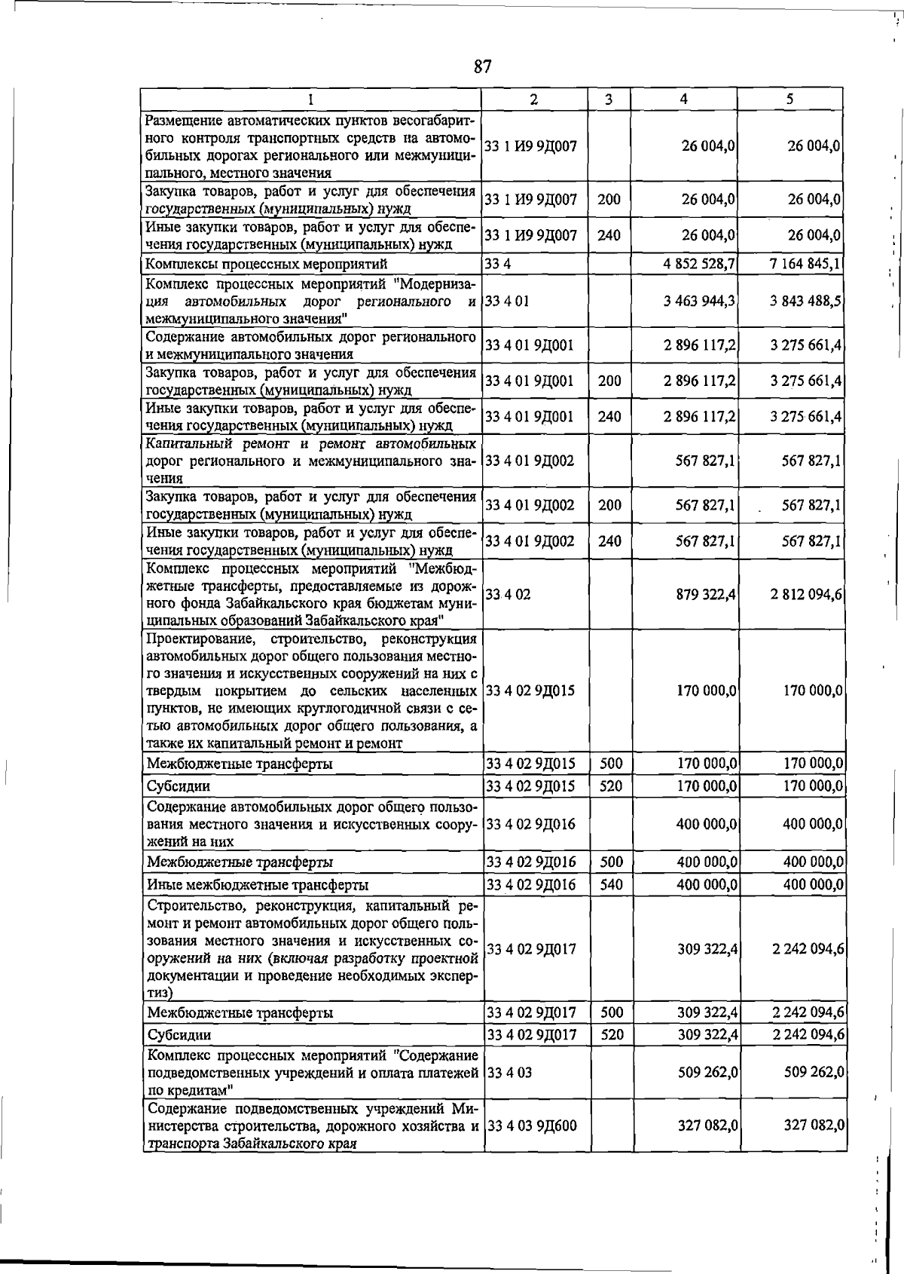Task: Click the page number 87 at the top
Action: tap(483, 66)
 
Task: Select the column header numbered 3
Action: tap(609, 99)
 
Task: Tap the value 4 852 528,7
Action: tap(700, 264)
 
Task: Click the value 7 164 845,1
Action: tap(805, 264)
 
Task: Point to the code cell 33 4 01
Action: tap(507, 301)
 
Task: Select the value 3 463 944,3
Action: tap(700, 301)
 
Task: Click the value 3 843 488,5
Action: tap(805, 301)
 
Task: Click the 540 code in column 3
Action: tap(611, 884)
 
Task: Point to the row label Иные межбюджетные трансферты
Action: tap(258, 884)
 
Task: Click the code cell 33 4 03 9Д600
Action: tap(532, 1125)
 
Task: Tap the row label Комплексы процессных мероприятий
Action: tap(266, 264)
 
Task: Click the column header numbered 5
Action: tap(789, 99)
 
